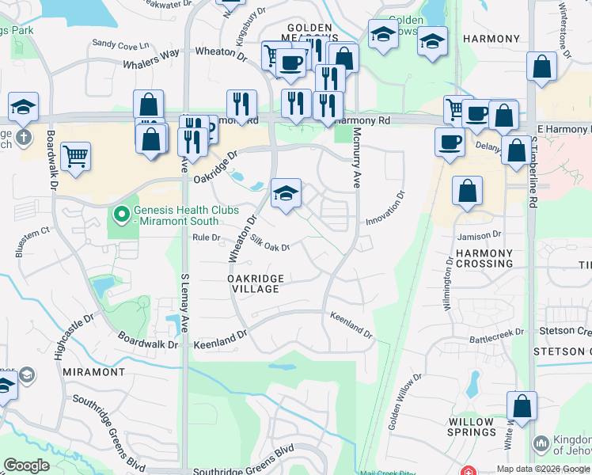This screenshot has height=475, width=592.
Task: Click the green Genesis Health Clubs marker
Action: click(121, 214)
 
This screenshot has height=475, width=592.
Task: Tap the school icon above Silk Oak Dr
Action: click(287, 193)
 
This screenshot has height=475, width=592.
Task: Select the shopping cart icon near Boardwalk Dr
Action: click(75, 157)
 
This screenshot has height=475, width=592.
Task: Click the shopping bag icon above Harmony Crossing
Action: click(468, 192)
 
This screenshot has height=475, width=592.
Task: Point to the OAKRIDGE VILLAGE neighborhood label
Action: click(254, 283)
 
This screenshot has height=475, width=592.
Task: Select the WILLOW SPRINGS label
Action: click(472, 427)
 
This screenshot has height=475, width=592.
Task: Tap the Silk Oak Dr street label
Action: click(270, 242)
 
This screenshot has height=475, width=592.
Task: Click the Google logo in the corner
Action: click(26, 465)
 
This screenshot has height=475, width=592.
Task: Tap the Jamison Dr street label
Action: click(480, 235)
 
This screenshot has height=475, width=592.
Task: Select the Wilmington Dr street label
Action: click(450, 283)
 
